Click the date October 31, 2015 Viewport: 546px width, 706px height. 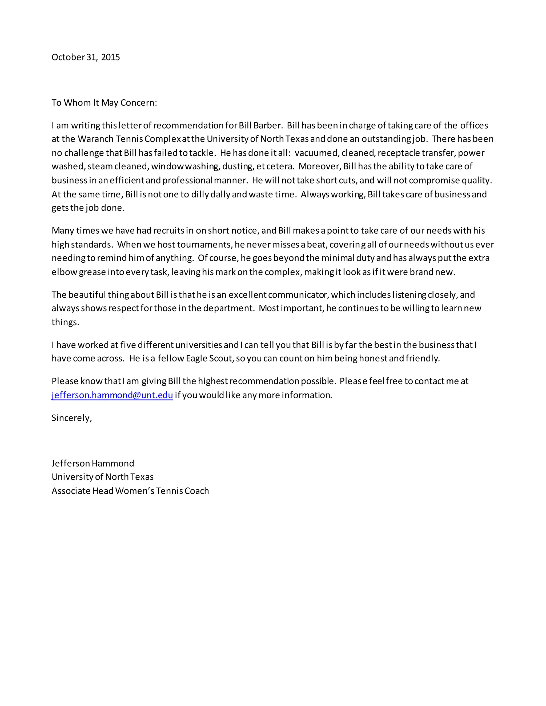pyautogui.click(x=86, y=57)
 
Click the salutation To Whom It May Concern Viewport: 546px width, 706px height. pyautogui.click(x=104, y=103)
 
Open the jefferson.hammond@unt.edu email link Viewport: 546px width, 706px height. pyautogui.click(x=112, y=395)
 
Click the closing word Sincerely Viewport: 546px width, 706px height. pyautogui.click(x=71, y=418)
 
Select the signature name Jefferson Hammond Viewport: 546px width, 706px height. pyautogui.click(x=93, y=464)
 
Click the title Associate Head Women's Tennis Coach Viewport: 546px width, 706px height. pyautogui.click(x=130, y=491)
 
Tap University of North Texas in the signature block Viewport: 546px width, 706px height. pyautogui.click(x=103, y=477)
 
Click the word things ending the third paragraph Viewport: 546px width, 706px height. pyautogui.click(x=65, y=322)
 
